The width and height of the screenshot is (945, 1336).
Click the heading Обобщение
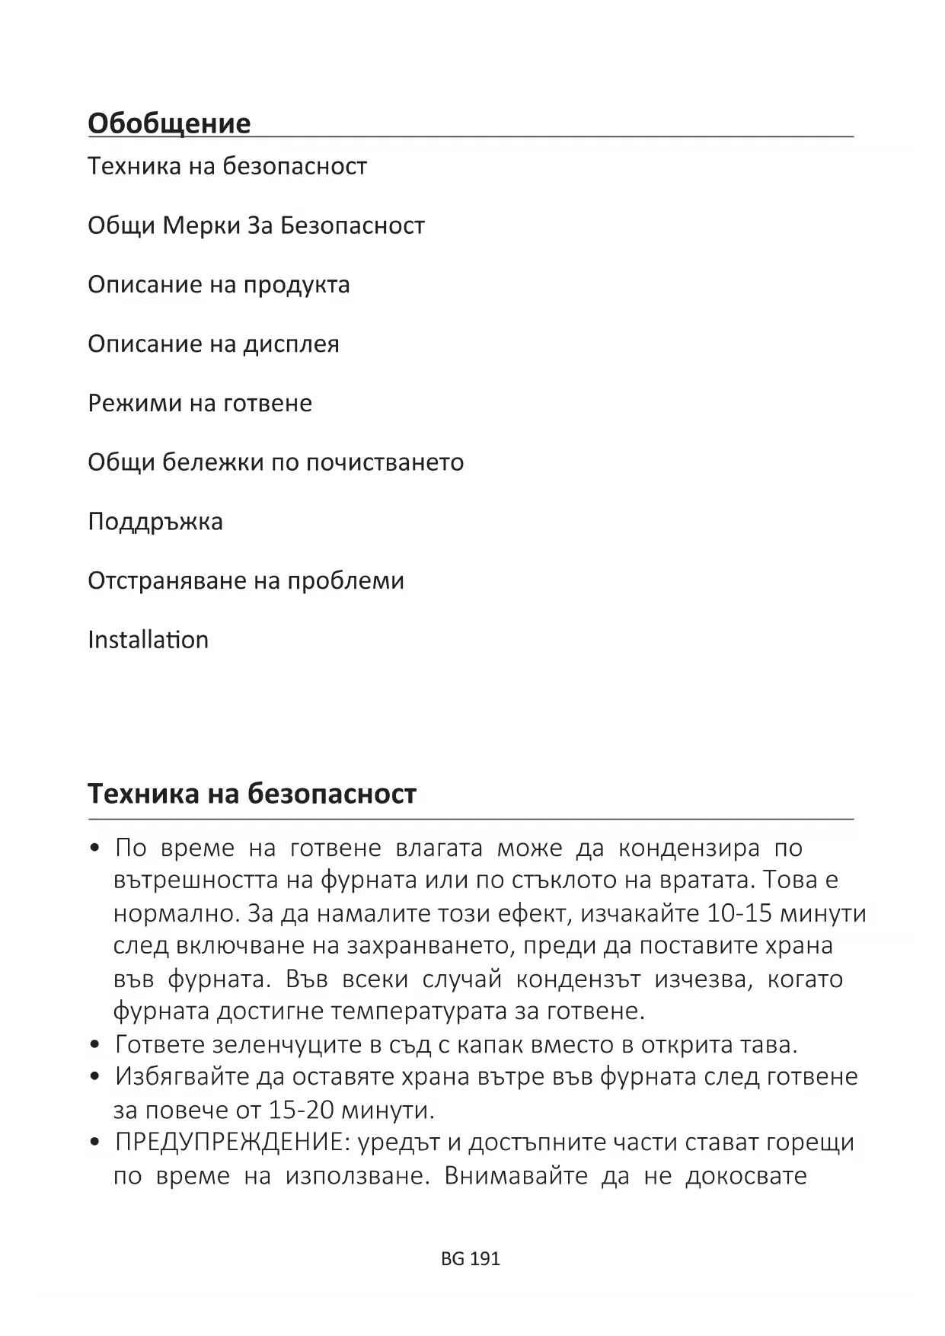(169, 123)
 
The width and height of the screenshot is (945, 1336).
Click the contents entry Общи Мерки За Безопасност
(256, 225)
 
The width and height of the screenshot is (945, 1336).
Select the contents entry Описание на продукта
(219, 285)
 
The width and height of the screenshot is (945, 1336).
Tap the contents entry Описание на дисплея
(213, 344)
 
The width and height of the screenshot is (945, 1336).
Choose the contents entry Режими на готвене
(200, 403)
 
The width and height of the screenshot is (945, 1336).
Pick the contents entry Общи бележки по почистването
(276, 462)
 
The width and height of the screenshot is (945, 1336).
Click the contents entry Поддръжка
(155, 522)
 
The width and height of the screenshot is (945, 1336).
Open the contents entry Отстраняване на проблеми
(246, 581)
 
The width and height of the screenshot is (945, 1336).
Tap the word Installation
(148, 640)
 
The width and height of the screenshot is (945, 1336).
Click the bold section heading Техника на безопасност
(252, 794)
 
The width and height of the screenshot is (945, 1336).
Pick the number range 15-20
(302, 1110)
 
